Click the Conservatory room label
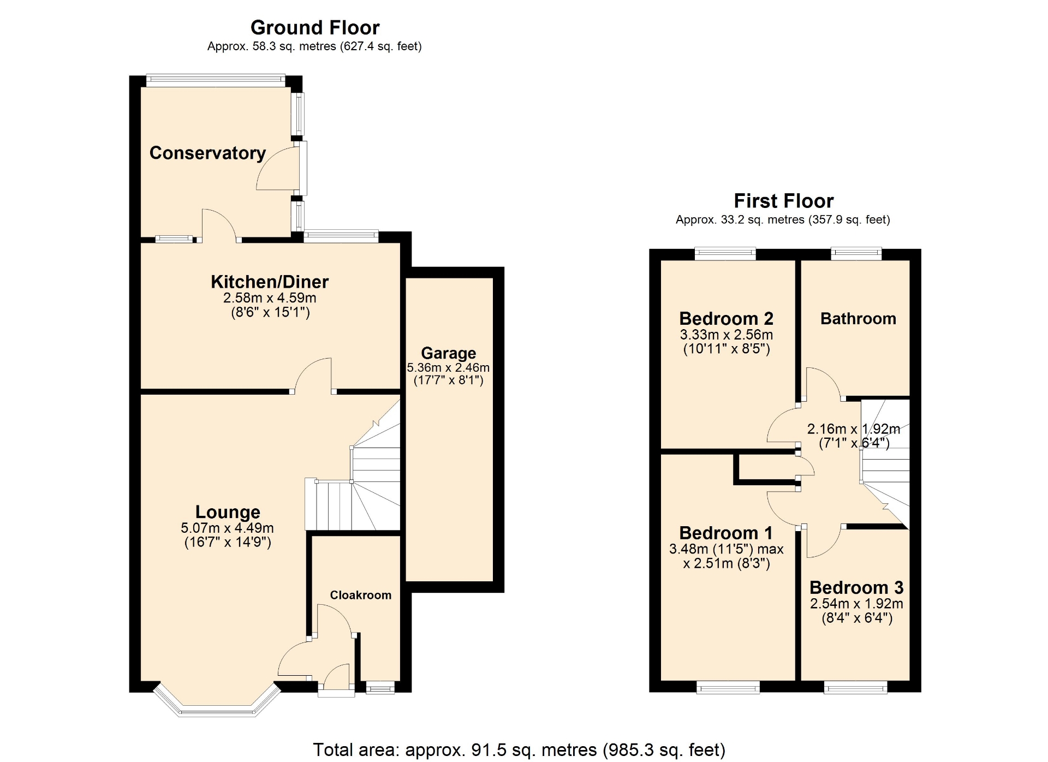pyautogui.click(x=207, y=153)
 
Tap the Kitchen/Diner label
pyautogui.click(x=270, y=282)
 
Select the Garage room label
pyautogui.click(x=448, y=353)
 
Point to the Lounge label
pyautogui.click(x=228, y=512)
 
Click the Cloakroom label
pyautogui.click(x=361, y=595)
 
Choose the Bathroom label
pyautogui.click(x=858, y=319)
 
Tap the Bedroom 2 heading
pyautogui.click(x=726, y=318)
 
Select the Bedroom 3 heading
pyautogui.click(x=856, y=587)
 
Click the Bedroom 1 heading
pyautogui.click(x=726, y=533)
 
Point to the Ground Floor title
pyautogui.click(x=315, y=27)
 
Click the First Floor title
pyautogui.click(x=784, y=201)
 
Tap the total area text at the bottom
pyautogui.click(x=519, y=749)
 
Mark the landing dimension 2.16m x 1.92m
pyautogui.click(x=854, y=429)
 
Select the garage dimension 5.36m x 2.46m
pyautogui.click(x=448, y=368)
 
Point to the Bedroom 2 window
pyautogui.click(x=725, y=253)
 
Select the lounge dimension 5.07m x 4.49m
pyautogui.click(x=228, y=528)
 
